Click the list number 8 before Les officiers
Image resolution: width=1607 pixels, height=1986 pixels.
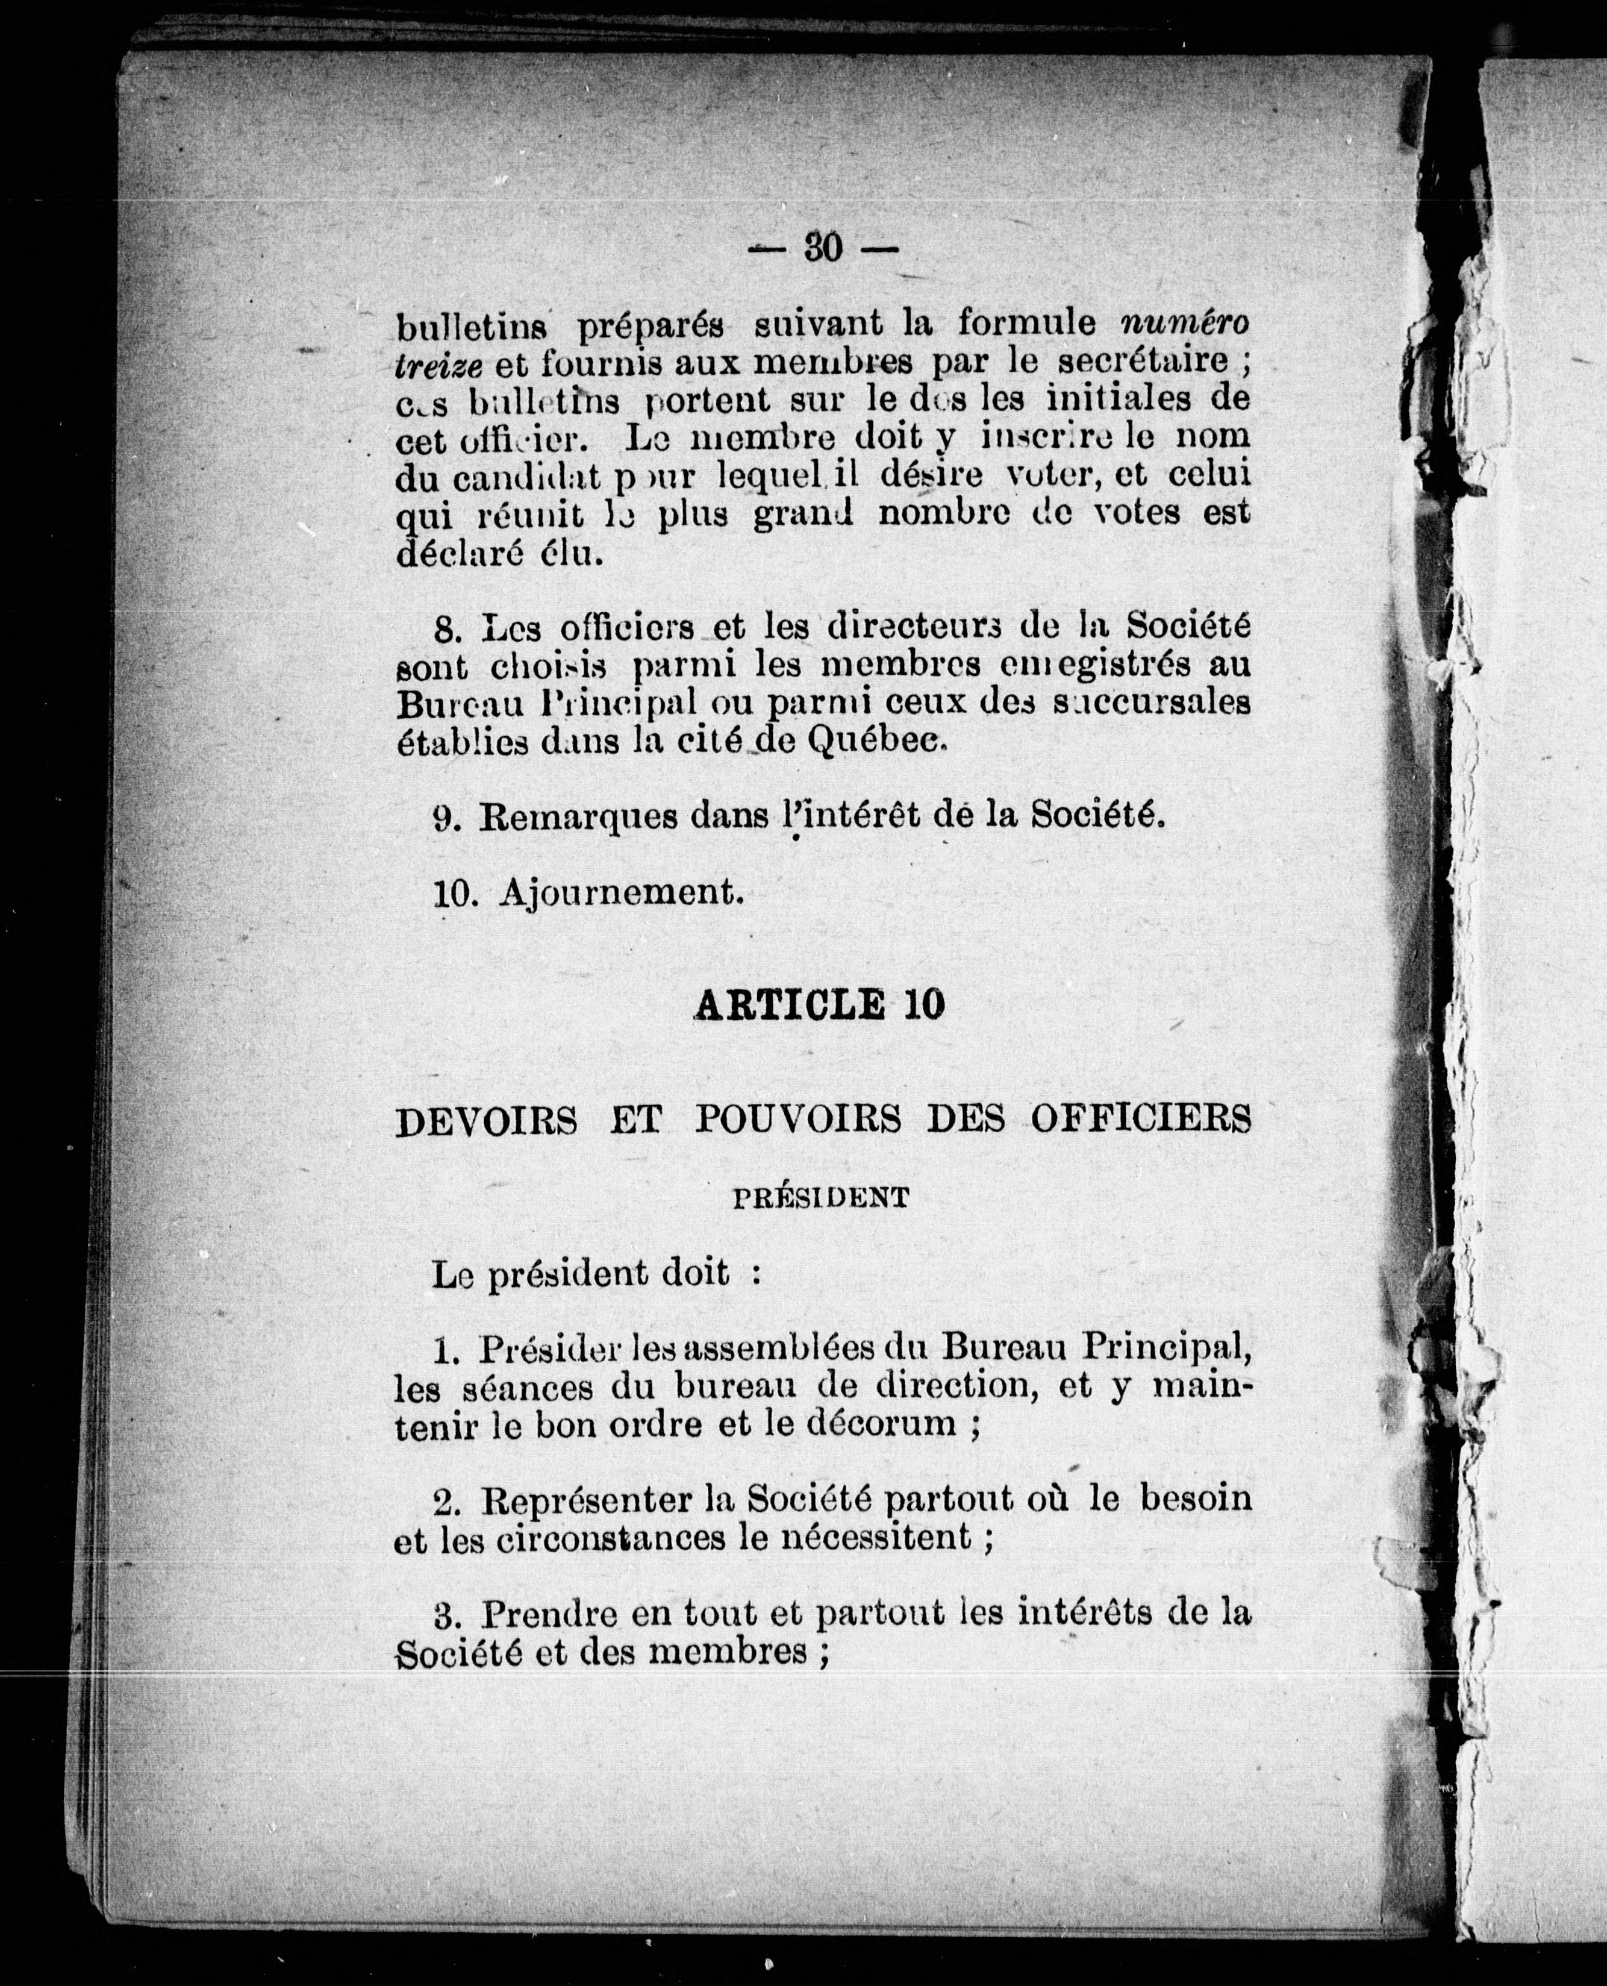click(447, 628)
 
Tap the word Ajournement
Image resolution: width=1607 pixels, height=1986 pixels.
click(621, 892)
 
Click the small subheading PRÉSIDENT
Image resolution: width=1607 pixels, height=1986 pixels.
click(820, 1198)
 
